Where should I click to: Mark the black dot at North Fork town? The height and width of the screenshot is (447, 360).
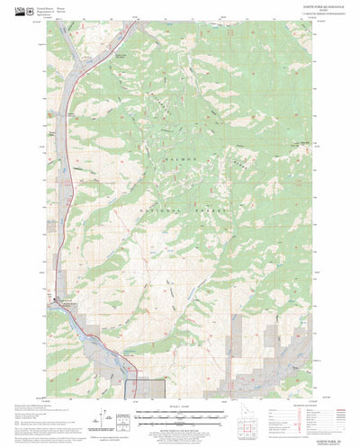pos(61,299)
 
